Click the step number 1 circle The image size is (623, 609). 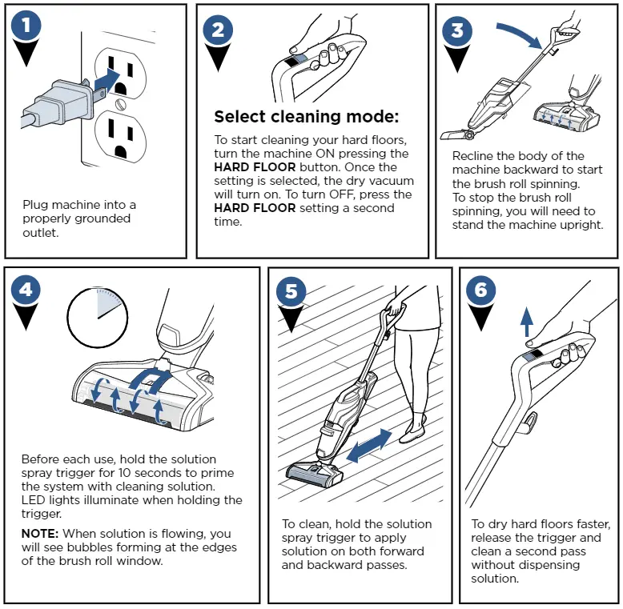[x=27, y=26]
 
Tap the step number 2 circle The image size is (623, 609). [x=219, y=30]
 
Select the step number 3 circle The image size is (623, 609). [x=457, y=30]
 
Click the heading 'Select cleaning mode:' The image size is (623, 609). [x=306, y=117]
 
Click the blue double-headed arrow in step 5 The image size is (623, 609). [x=369, y=445]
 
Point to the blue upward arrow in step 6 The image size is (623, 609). [x=526, y=321]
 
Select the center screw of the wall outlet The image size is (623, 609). [x=120, y=104]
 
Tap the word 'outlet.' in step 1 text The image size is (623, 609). [x=42, y=232]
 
